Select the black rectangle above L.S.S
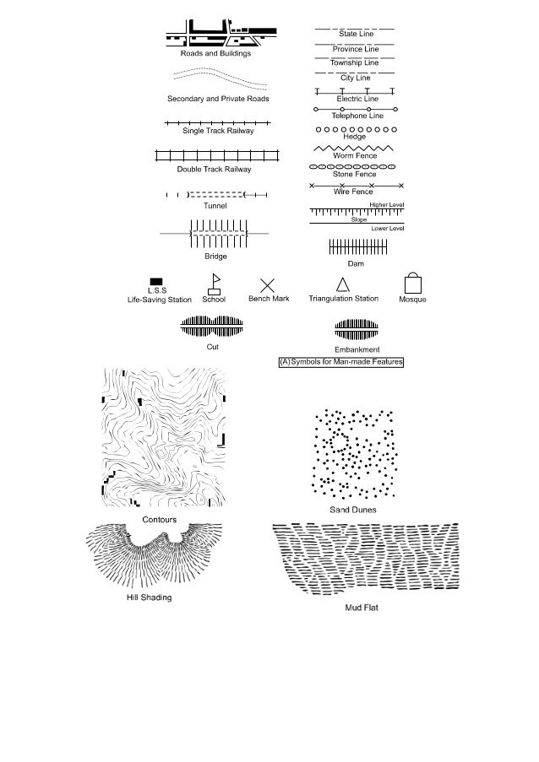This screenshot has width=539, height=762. click(x=156, y=282)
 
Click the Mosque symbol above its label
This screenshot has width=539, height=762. click(x=412, y=282)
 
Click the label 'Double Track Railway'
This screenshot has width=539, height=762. click(x=214, y=170)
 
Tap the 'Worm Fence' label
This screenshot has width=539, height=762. click(x=355, y=156)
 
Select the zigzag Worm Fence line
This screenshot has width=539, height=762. click(x=355, y=148)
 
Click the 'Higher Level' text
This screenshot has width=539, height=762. click(x=387, y=204)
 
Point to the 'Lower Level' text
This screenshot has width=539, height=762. click(x=388, y=229)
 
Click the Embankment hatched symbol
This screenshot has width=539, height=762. click(x=357, y=328)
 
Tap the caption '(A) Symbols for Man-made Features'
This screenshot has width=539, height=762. click(x=341, y=362)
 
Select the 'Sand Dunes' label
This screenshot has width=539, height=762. click(x=352, y=510)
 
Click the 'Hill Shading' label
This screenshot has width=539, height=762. click(x=148, y=597)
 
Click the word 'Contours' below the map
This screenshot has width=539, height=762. click(x=160, y=519)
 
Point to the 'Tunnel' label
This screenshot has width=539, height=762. click(x=215, y=205)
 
